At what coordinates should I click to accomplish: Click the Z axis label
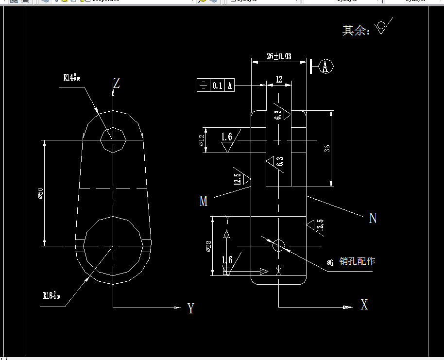(x=116, y=83)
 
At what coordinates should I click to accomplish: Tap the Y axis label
(x=190, y=308)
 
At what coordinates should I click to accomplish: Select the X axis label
(x=364, y=305)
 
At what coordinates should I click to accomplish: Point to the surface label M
(x=203, y=201)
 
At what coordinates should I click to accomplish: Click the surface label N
(x=373, y=218)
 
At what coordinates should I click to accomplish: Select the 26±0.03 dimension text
(x=279, y=56)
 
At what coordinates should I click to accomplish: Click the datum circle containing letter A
(x=327, y=67)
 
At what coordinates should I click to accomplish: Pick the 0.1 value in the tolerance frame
(x=217, y=86)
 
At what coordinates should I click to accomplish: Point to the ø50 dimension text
(x=40, y=193)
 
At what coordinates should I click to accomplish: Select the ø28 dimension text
(x=208, y=246)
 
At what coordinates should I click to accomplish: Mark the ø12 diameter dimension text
(x=202, y=141)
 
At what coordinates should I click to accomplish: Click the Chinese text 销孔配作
(x=357, y=261)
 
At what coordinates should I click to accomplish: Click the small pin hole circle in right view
(x=278, y=245)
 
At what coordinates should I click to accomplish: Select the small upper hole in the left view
(x=113, y=140)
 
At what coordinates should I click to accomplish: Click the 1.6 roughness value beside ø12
(x=226, y=137)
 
